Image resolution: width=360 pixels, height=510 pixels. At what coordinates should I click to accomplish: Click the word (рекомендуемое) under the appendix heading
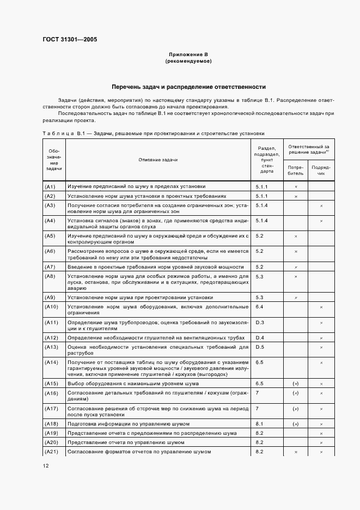[188, 62]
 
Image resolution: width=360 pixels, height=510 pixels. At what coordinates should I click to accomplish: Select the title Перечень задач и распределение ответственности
[188, 87]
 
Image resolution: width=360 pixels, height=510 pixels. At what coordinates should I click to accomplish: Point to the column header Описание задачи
[158, 159]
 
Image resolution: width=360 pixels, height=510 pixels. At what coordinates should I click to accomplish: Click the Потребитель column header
[296, 171]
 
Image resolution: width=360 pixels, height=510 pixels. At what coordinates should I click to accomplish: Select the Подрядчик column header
[321, 171]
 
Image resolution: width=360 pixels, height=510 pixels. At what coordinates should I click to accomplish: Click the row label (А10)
[51, 307]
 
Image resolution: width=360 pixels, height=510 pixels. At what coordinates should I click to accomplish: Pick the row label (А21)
[51, 452]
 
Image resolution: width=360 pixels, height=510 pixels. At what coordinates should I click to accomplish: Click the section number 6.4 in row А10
[259, 307]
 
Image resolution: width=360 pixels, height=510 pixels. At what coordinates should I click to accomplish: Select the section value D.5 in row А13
[259, 347]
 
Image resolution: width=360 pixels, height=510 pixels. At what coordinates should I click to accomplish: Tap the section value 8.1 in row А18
[259, 423]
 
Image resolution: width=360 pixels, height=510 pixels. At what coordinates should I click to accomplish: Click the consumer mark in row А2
[296, 196]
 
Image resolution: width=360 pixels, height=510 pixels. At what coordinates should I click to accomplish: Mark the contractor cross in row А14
[321, 362]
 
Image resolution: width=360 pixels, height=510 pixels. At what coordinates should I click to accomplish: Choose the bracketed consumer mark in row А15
[296, 384]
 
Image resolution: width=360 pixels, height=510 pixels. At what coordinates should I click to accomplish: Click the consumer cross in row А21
[296, 452]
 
